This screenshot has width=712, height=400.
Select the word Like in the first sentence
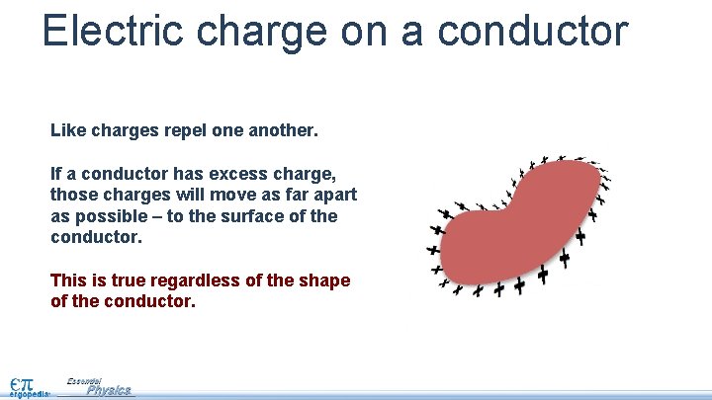coord(66,129)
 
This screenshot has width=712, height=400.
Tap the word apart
coord(333,195)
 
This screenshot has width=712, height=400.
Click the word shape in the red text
coord(324,280)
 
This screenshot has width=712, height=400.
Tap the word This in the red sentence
coord(69,280)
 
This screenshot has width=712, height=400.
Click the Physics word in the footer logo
coord(109,390)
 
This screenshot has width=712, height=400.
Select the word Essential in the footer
coord(84,380)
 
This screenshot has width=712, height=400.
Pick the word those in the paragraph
coord(73,195)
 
